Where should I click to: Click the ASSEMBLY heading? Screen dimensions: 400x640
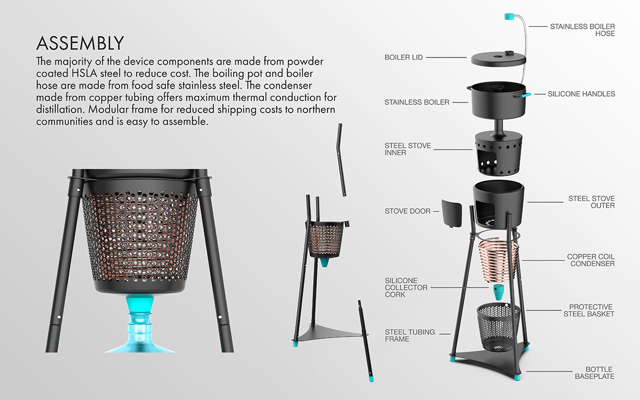coord(80,43)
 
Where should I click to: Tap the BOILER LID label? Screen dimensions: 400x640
coord(404,57)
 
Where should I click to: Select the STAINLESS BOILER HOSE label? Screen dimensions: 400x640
coord(582,29)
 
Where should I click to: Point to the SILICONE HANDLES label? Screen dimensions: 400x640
coord(581,94)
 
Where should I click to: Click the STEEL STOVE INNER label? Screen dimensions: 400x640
coord(407,149)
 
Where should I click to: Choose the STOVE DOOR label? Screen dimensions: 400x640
coord(407,211)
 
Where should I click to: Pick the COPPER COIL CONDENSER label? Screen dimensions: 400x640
coord(591,260)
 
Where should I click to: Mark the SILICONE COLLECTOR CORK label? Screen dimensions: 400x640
coord(406,287)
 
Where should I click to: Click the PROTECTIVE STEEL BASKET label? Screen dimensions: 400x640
coord(591,310)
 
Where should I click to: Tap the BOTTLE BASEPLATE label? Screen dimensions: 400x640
coord(595,373)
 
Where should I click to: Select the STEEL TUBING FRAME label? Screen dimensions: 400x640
coord(410,335)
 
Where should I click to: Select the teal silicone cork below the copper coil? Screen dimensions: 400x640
coord(498,292)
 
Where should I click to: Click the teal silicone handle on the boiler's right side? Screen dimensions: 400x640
coord(525,95)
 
